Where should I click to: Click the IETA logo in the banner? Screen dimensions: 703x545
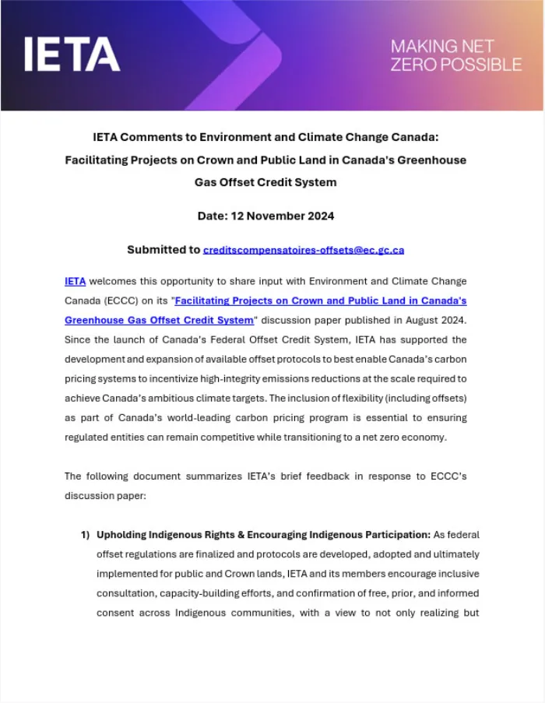pos(72,54)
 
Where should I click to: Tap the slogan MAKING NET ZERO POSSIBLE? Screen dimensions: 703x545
pos(455,55)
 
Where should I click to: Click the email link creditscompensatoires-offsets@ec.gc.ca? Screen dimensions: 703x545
pos(304,250)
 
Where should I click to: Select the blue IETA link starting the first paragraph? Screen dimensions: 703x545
pos(75,281)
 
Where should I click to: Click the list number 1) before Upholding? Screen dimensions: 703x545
pos(85,535)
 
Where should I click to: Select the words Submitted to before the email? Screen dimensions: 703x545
pos(163,250)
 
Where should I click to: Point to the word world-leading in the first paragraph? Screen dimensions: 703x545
pos(236,417)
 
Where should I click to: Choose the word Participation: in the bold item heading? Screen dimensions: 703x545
pos(390,535)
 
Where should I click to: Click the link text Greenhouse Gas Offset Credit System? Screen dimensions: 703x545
pos(159,320)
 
